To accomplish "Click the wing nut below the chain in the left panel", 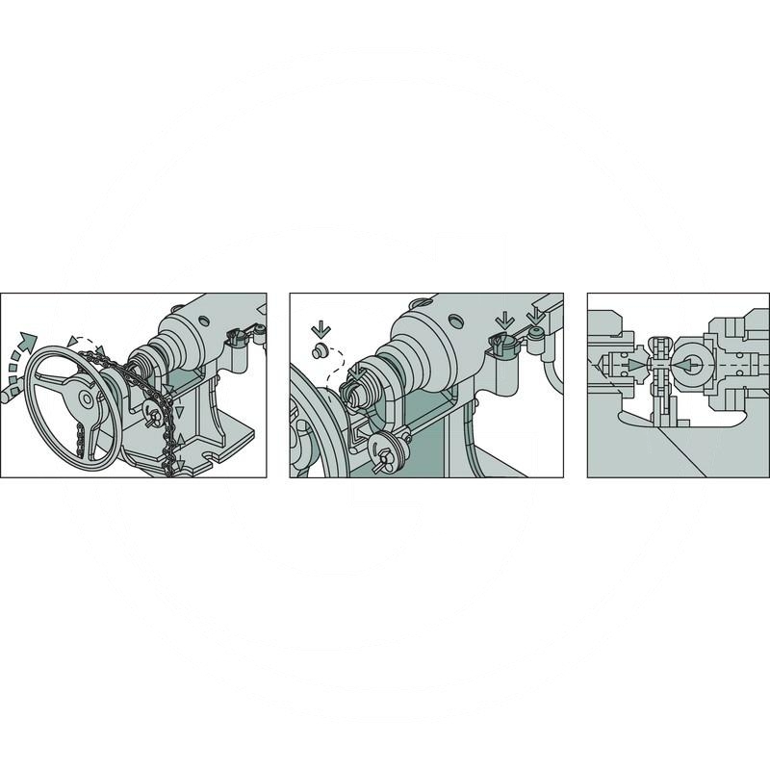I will point(152,415).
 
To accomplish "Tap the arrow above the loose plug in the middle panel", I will point(321,329).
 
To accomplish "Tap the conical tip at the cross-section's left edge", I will point(604,367).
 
